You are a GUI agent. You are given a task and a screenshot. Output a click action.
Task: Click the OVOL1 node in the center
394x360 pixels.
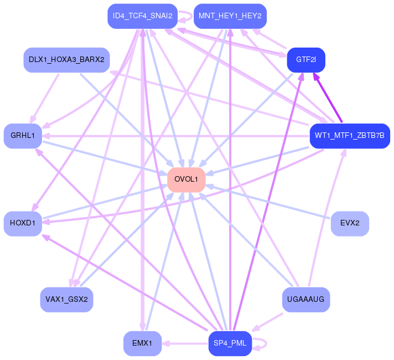[186, 179]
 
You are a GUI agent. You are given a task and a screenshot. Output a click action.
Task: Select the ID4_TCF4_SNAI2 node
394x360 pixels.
[142, 16]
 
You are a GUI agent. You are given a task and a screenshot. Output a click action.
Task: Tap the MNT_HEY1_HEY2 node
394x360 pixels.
[230, 16]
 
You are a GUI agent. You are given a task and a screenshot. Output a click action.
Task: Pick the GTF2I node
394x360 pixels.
[306, 60]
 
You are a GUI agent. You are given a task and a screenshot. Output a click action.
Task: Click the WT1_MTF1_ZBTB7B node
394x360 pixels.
[350, 136]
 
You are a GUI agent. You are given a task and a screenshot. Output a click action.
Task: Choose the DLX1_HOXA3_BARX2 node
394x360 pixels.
[66, 60]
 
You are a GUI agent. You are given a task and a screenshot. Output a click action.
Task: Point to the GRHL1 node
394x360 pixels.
[23, 136]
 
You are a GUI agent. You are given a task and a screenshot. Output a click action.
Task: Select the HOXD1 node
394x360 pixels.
[23, 223]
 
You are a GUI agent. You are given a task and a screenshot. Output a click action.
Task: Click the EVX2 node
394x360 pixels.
[350, 223]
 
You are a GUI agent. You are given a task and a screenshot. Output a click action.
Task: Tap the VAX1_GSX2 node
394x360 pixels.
[66, 300]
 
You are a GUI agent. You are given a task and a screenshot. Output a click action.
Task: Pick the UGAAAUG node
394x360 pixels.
[306, 300]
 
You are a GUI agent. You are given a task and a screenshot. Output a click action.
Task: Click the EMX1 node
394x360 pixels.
[142, 343]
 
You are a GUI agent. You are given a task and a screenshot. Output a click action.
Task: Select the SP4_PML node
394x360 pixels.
[230, 343]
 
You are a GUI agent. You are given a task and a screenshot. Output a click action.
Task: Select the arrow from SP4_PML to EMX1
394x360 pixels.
[185, 343]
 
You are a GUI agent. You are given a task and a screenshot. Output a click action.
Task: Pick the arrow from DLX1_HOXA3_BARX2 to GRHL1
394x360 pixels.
[44, 99]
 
